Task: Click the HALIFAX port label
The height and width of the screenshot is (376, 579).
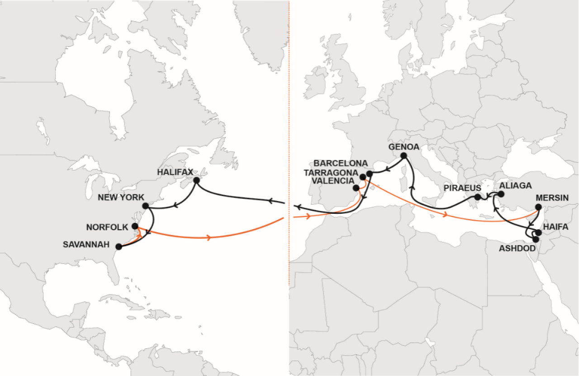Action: coord(175,172)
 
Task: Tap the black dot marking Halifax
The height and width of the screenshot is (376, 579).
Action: coord(196,180)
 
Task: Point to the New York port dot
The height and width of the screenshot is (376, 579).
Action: coord(145,206)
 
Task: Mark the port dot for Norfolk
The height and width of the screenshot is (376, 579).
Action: coord(135,226)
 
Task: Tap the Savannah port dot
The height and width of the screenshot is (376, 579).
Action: coord(119,247)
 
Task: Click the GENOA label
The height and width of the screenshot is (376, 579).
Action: coord(403,147)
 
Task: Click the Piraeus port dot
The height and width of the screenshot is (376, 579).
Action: coord(477,197)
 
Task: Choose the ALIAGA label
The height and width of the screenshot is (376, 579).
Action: coord(515,186)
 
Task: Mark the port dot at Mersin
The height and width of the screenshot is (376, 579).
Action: coord(538,207)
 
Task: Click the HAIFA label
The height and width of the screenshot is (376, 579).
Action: coord(556,226)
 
